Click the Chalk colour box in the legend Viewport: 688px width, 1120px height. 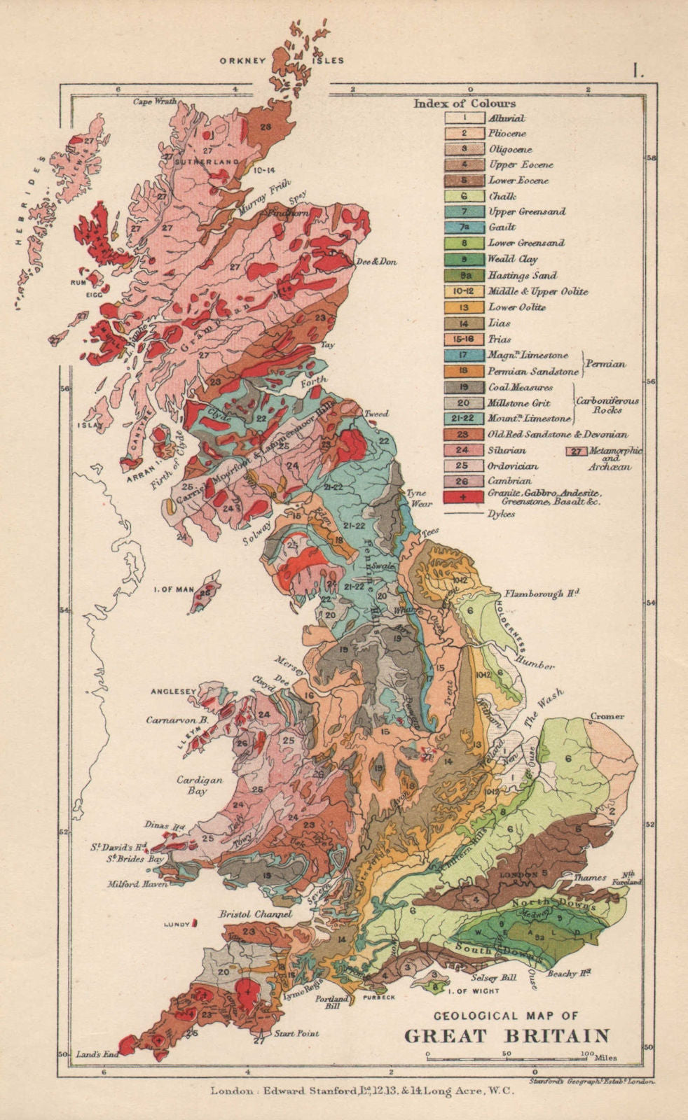463,196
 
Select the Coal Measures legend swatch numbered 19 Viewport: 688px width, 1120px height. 463,387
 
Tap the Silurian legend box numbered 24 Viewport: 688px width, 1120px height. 463,450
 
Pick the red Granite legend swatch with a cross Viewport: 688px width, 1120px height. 463,496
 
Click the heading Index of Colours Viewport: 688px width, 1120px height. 465,104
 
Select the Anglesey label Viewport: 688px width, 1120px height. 173,692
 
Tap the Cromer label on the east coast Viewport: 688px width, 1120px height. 607,717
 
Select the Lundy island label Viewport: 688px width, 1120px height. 177,925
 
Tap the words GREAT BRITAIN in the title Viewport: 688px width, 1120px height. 507,1035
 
